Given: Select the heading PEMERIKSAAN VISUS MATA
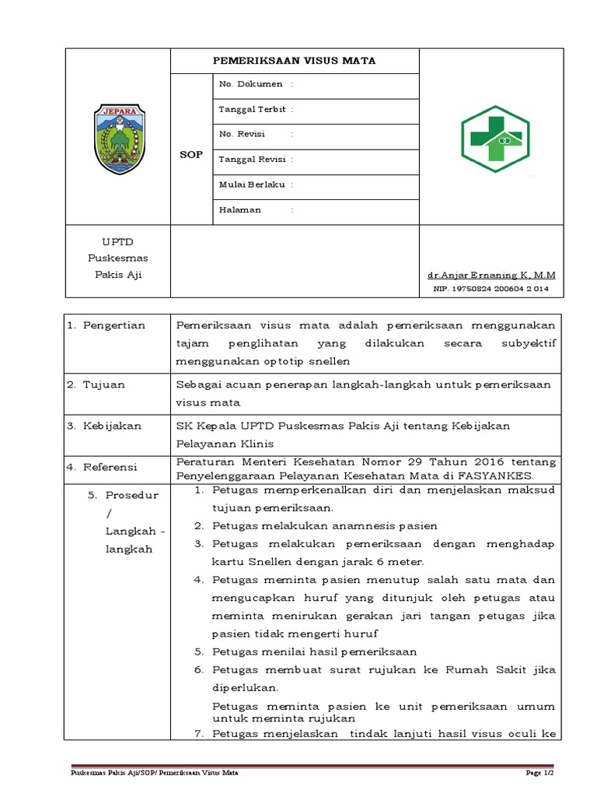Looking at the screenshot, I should pos(295,60).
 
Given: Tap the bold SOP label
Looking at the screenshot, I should pos(190,154).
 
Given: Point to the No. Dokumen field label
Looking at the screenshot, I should pos(250,84).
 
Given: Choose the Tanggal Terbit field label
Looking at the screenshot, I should pos(252,110).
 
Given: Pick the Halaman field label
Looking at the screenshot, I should pos(241,209).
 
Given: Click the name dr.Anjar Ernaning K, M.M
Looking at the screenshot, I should pos(491,276).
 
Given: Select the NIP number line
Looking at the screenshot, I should pos(491,289).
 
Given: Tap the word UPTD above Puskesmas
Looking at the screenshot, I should pos(117,242).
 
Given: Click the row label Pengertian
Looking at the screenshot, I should pos(114,325).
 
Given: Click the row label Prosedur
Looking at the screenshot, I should pos(132,495).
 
